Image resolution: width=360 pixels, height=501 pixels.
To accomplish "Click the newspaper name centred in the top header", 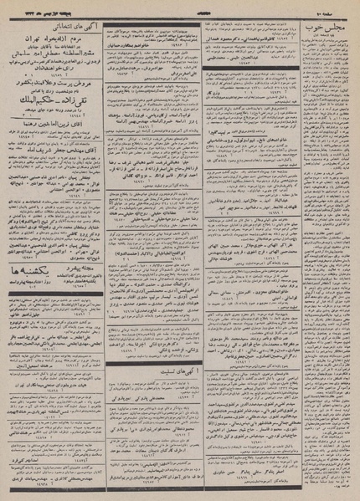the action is pos(180,8).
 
